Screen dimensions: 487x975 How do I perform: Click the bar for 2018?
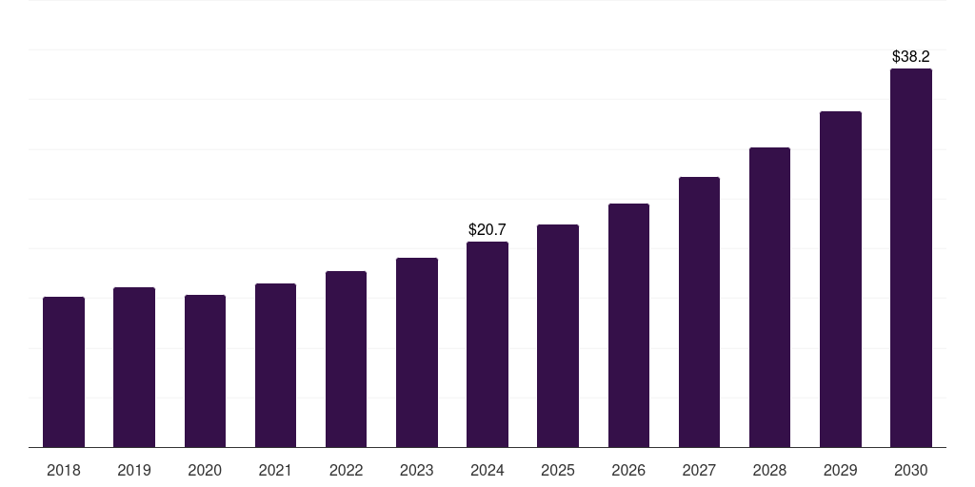pos(64,372)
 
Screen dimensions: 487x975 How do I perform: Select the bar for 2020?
pos(205,371)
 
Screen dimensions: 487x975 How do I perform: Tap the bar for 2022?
pos(346,360)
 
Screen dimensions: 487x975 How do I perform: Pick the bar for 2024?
pos(487,344)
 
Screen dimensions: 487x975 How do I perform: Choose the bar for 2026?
pos(628,325)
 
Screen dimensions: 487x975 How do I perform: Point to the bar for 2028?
pos(769,298)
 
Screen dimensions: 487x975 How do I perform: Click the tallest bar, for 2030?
pos(910,258)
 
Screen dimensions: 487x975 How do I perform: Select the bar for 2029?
pos(840,280)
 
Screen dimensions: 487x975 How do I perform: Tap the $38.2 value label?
pos(910,57)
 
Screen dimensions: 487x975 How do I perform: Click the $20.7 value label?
pos(487,229)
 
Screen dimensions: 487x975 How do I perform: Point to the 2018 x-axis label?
pos(64,470)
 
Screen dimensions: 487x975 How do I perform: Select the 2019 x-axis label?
pos(134,470)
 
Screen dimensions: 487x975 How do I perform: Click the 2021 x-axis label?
pos(275,470)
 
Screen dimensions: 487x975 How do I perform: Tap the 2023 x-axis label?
pos(416,470)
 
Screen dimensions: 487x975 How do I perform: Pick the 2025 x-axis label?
pos(558,470)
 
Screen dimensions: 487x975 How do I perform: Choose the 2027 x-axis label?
pos(699,470)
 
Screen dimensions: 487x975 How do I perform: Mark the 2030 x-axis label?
pos(910,470)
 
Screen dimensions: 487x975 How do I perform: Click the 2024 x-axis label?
pos(487,470)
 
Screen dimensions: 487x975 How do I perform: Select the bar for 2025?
pos(558,336)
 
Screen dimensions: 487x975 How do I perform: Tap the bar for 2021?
pos(275,365)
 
